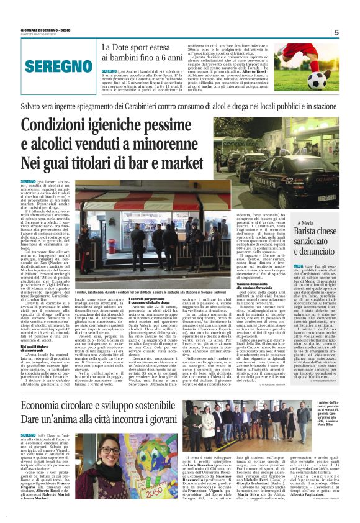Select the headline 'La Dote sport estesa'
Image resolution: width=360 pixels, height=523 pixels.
[142, 47]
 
